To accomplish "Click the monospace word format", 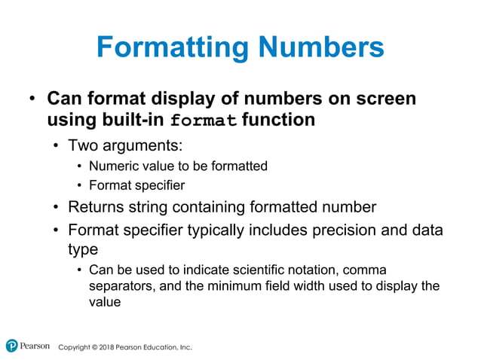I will tap(204, 121).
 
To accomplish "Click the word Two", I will tap(83, 145).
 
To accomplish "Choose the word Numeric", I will tap(111, 166).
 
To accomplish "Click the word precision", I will tap(339, 229).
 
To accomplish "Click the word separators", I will tap(121, 285).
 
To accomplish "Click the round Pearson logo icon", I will tap(11, 346).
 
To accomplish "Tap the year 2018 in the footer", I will tap(107, 347).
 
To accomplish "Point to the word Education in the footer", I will tap(155, 347).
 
